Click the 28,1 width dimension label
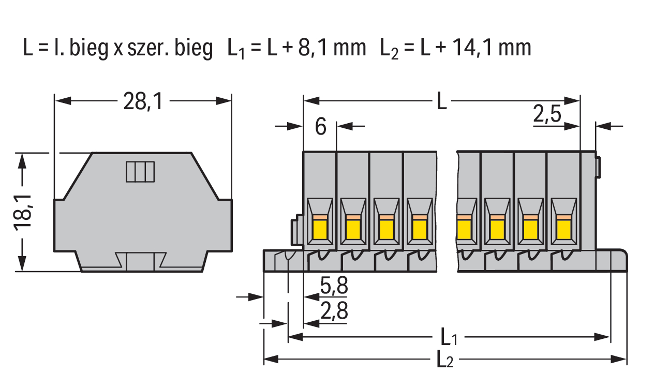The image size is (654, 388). click(x=143, y=101)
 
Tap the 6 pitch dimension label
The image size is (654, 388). click(x=321, y=127)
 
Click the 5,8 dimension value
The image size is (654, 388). click(x=334, y=286)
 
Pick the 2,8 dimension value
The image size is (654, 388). click(x=334, y=311)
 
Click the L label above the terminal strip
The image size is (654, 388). click(x=441, y=101)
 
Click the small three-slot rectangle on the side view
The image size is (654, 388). click(x=140, y=171)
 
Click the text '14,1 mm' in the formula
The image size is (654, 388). click(x=492, y=48)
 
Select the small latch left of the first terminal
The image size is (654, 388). click(x=295, y=230)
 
